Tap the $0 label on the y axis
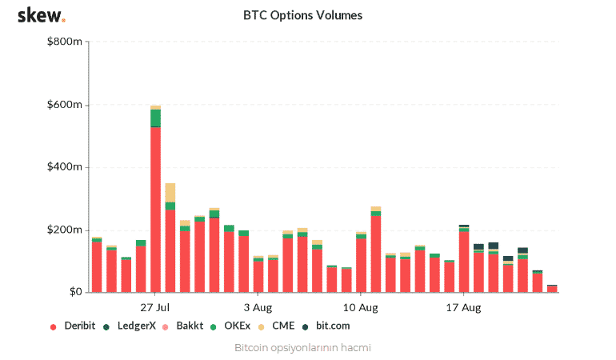click(x=74, y=292)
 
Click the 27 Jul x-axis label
click(x=155, y=307)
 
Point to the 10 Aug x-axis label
click(x=361, y=307)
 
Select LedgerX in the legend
click(x=134, y=326)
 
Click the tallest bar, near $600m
click(x=155, y=200)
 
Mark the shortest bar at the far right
click(x=552, y=288)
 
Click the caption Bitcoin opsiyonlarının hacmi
click(x=302, y=348)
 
